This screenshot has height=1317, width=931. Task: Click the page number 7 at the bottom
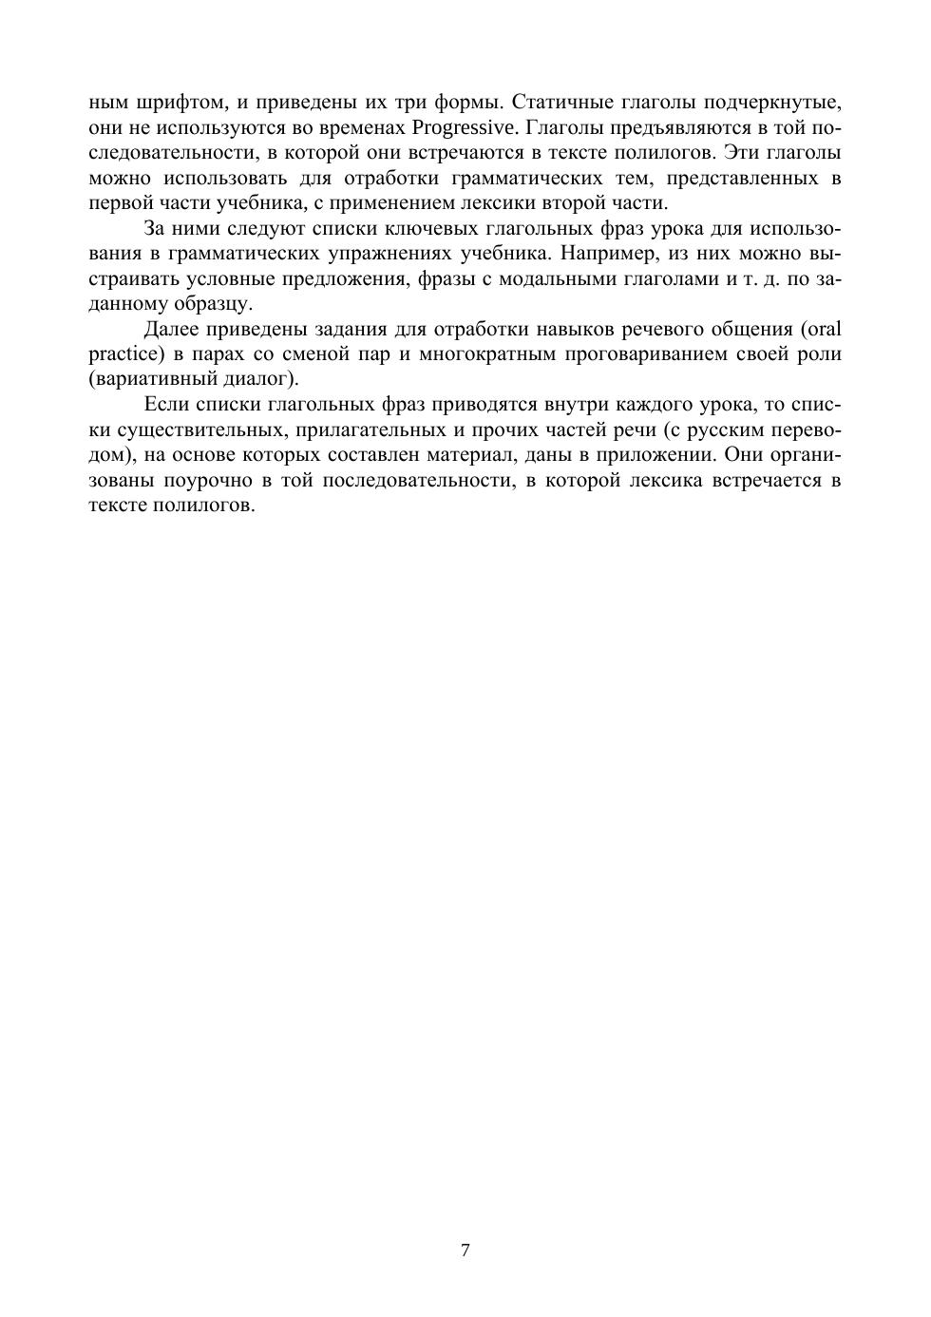click(x=465, y=1250)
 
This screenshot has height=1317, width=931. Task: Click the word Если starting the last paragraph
click(x=165, y=405)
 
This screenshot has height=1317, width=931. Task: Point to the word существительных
click(x=198, y=429)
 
